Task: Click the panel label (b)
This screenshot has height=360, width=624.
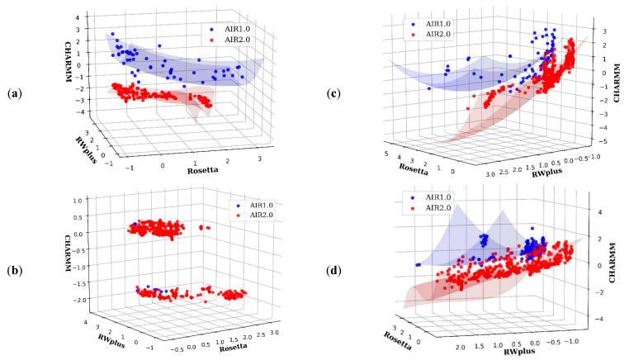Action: coord(17,268)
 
